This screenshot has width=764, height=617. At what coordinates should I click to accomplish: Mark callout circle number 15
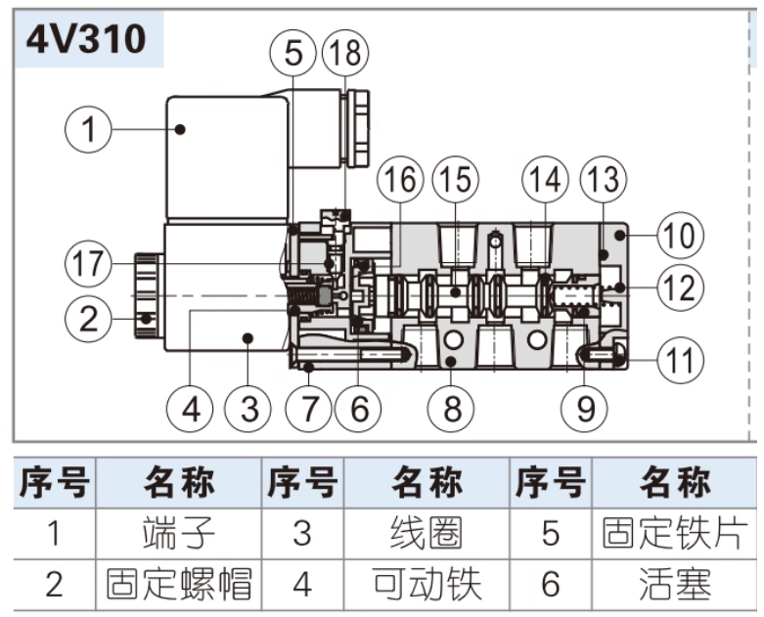click(453, 179)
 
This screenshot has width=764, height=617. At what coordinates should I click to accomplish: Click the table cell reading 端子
click(178, 534)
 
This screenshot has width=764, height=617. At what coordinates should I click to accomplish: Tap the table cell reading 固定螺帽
click(178, 584)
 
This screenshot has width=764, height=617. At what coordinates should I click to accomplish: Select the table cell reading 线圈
click(427, 534)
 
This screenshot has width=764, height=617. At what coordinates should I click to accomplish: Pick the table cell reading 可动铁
click(427, 584)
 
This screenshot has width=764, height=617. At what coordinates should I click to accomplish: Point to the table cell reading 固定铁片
click(676, 534)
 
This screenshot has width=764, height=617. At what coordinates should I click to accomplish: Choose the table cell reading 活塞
click(676, 584)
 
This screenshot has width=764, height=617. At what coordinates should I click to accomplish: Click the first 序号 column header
click(54, 483)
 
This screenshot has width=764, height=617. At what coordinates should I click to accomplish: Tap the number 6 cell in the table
click(551, 584)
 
